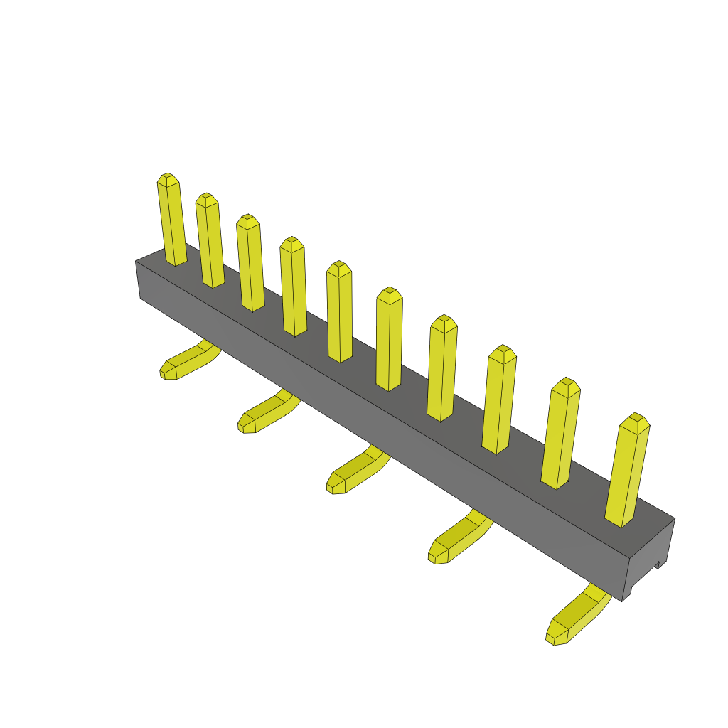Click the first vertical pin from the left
click(x=171, y=220)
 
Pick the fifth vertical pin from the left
click(x=339, y=312)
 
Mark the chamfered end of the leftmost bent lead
click(x=168, y=370)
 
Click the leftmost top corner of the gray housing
click(x=136, y=262)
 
